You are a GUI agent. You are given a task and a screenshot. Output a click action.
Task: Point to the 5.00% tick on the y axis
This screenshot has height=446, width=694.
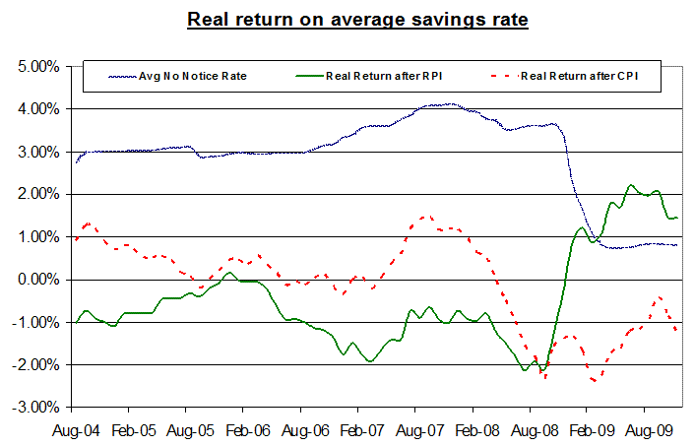click(35, 67)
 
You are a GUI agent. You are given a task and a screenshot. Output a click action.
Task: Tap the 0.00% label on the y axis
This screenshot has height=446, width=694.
click(35, 280)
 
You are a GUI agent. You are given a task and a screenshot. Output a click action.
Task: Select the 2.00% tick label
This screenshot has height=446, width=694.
click(35, 195)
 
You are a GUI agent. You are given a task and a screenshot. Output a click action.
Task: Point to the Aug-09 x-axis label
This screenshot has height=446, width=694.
click(644, 430)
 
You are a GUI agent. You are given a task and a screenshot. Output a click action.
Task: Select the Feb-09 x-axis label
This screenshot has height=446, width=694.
click(587, 430)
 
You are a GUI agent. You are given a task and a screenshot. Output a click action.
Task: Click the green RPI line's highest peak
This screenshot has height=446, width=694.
click(631, 185)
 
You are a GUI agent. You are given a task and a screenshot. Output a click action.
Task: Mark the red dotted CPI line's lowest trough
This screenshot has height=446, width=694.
click(595, 381)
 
